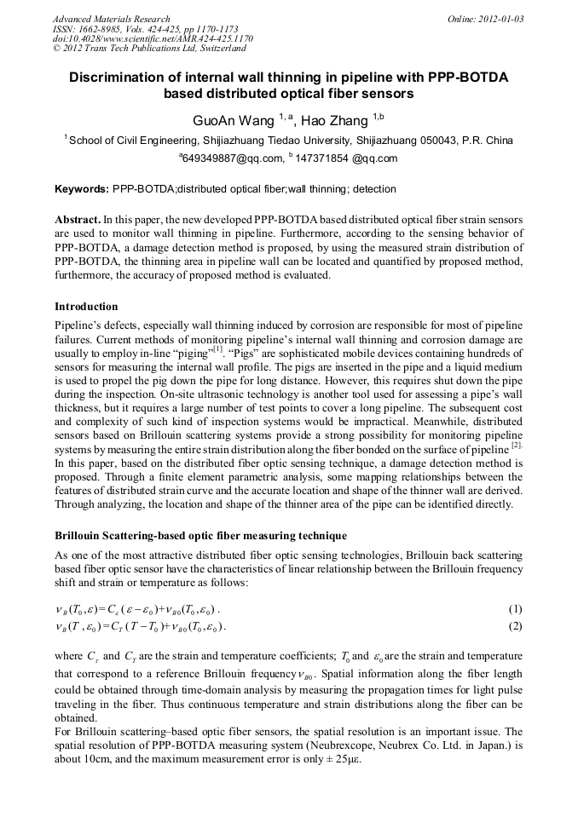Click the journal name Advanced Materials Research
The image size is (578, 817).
tap(111, 19)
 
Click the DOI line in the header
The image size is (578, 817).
tap(152, 39)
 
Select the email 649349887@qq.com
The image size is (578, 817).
tap(233, 158)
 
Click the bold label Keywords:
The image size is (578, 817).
tap(82, 189)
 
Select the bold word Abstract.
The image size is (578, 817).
tap(78, 219)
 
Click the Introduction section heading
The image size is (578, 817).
tap(86, 307)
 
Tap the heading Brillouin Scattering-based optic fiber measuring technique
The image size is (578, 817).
tap(200, 536)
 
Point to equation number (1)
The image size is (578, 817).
tap(515, 609)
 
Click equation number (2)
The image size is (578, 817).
tap(515, 627)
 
